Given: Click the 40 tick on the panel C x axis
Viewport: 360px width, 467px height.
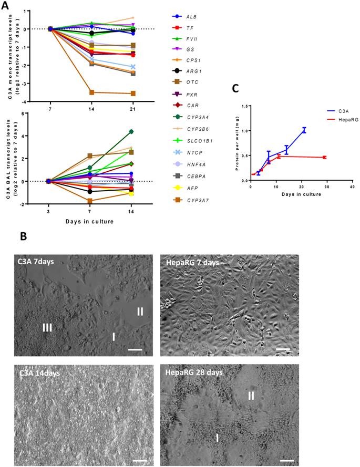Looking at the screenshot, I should tap(352, 187).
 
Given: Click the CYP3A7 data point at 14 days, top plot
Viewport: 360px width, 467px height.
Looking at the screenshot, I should tap(92, 92).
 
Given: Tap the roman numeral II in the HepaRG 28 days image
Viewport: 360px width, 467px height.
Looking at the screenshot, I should tap(251, 395).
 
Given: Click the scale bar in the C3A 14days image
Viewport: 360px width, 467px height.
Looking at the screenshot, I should tap(139, 461).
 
